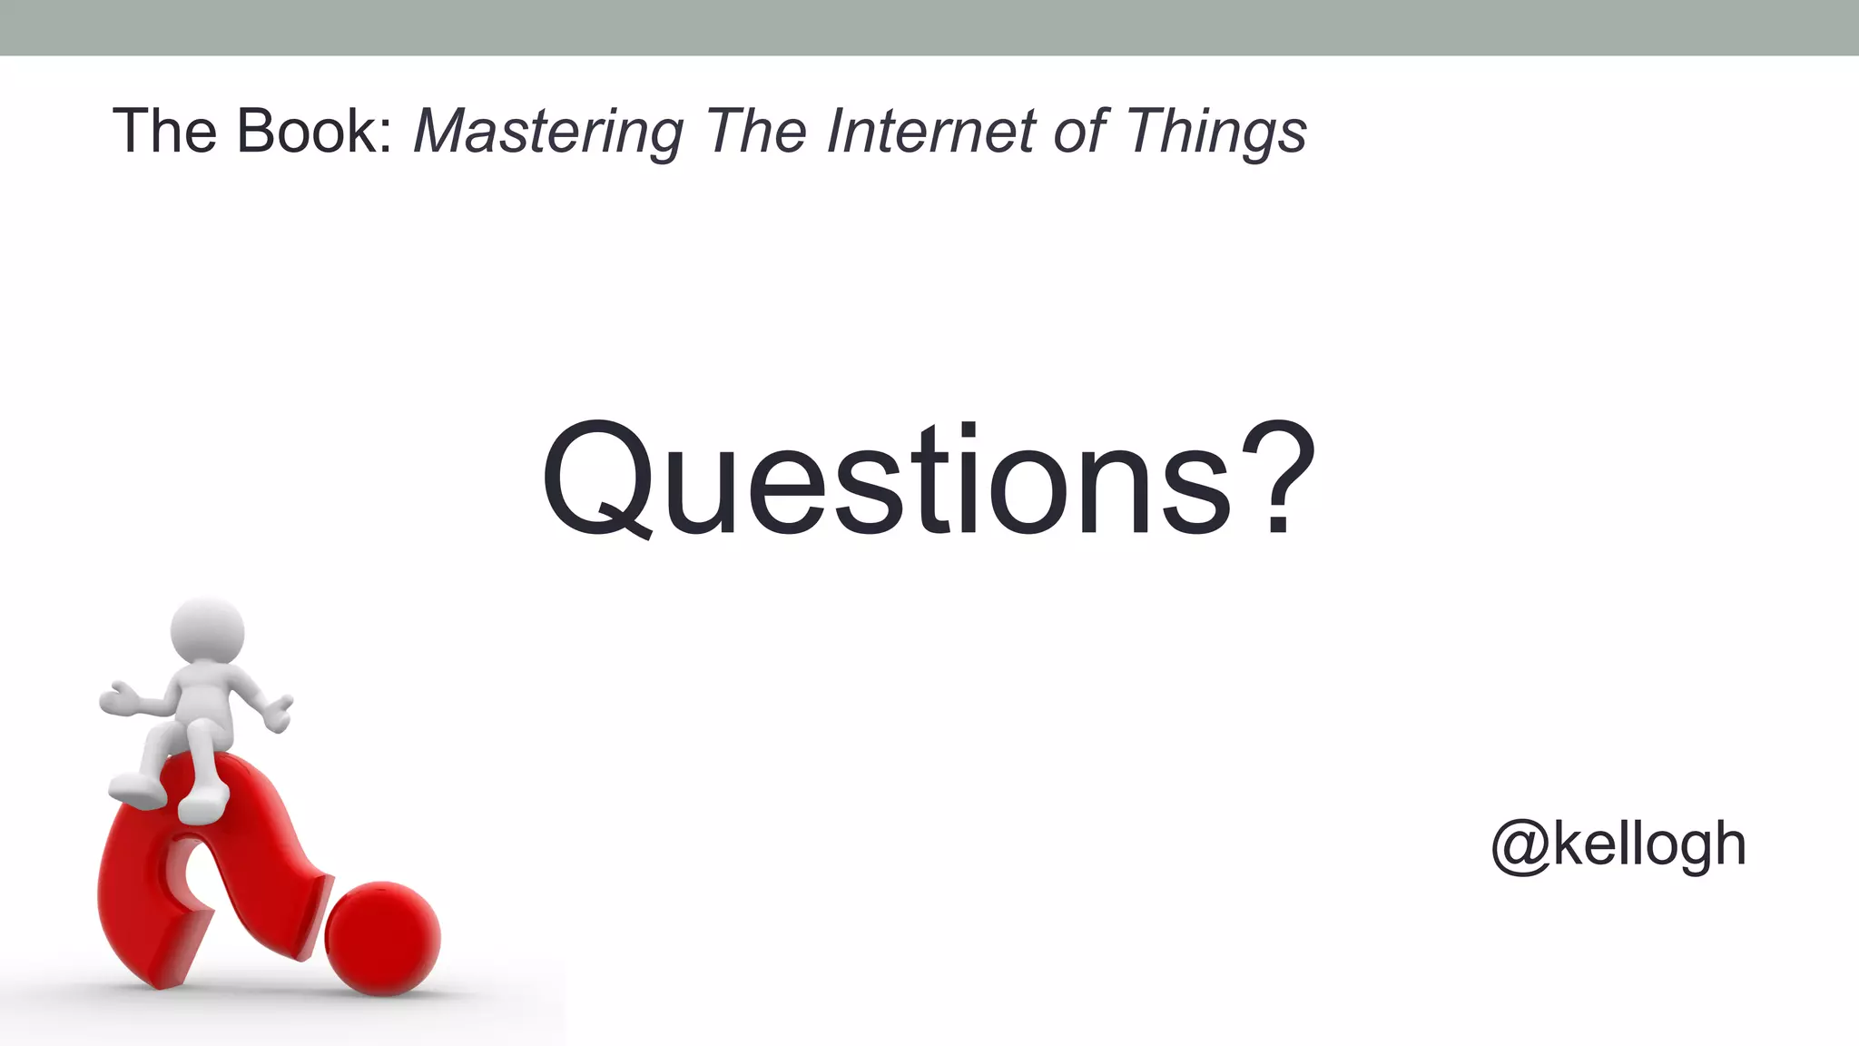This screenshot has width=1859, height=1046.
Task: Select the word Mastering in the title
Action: point(547,133)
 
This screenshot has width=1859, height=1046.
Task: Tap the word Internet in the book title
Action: point(930,131)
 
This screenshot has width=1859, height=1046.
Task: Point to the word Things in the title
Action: point(1216,133)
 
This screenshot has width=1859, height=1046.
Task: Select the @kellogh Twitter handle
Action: point(1618,845)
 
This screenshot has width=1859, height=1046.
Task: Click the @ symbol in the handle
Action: point(1520,845)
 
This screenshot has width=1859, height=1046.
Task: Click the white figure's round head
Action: point(208,632)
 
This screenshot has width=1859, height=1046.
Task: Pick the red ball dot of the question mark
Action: point(382,938)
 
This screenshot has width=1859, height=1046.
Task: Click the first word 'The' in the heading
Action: point(164,131)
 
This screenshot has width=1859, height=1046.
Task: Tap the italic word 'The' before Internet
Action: point(756,131)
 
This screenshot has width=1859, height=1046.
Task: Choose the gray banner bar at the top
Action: point(929,27)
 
